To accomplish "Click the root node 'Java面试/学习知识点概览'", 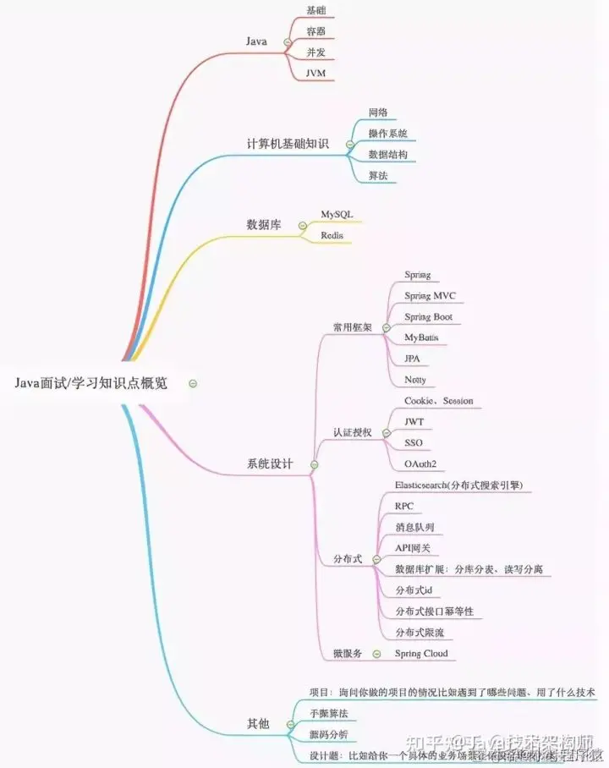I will tap(91, 383).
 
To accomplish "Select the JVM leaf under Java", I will tap(316, 73).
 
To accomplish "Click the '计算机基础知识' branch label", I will tap(287, 144).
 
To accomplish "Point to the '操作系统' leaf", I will tap(387, 134).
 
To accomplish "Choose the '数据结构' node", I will tap(387, 155).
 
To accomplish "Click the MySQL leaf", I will tap(337, 215).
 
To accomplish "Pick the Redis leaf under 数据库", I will tap(332, 234).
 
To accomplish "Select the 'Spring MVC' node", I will tap(430, 296).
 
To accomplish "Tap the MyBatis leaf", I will tap(421, 337).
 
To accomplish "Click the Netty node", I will tap(415, 379).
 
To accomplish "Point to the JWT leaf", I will tap(414, 421).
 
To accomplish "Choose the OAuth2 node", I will tap(420, 464).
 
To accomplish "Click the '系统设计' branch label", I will tap(270, 464).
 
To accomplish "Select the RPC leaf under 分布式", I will tap(404, 506).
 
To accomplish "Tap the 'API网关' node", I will tap(413, 548).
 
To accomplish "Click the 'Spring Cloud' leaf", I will tap(421, 654).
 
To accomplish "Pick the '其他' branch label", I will tap(258, 723).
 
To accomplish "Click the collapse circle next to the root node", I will tap(194, 383).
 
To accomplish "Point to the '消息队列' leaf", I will tap(414, 527).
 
